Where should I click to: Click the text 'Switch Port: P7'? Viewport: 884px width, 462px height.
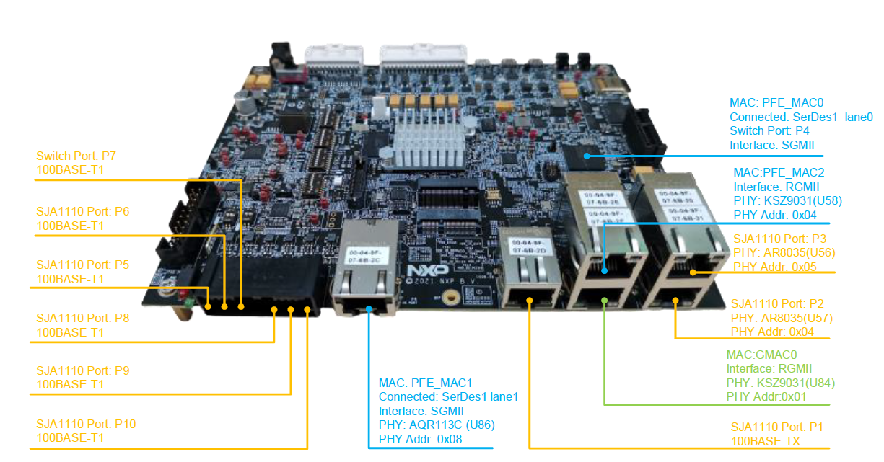[76, 156]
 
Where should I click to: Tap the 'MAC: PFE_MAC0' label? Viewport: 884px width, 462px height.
[774, 104]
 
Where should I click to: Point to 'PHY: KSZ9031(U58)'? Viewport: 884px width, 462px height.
[787, 201]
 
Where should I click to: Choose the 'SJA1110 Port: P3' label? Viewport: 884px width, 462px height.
[779, 239]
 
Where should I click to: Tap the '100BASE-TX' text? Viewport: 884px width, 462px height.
[766, 441]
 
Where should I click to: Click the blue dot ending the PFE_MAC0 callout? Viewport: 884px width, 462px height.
[587, 155]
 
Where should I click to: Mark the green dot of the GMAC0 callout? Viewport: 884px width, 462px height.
[604, 301]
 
